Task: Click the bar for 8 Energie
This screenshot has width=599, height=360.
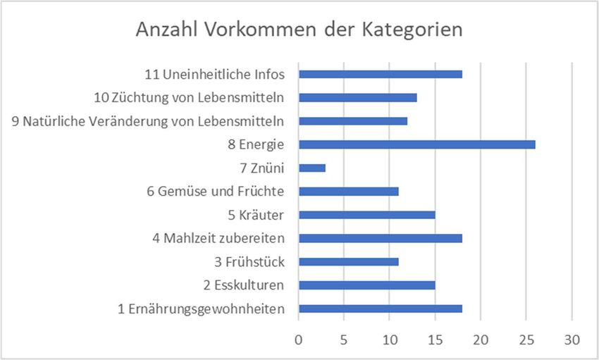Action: pyautogui.click(x=416, y=144)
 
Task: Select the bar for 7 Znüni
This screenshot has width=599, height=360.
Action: pyautogui.click(x=312, y=168)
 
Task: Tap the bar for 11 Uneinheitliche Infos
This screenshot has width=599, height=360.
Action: pyautogui.click(x=381, y=74)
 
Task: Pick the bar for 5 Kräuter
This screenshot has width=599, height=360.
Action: pyautogui.click(x=366, y=215)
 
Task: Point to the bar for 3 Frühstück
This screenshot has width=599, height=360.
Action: pyautogui.click(x=349, y=261)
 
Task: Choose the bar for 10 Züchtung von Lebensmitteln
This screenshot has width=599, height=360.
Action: pyautogui.click(x=358, y=97)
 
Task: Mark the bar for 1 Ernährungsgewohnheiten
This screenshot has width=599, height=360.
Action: pyautogui.click(x=381, y=309)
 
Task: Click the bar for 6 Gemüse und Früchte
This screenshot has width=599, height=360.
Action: pyautogui.click(x=349, y=191)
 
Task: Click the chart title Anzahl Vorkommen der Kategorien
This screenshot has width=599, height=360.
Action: pyautogui.click(x=299, y=31)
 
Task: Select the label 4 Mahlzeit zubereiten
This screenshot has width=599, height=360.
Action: pyautogui.click(x=218, y=238)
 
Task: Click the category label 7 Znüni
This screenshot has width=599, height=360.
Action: pyautogui.click(x=263, y=168)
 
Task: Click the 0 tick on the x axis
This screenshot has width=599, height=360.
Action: pyautogui.click(x=299, y=340)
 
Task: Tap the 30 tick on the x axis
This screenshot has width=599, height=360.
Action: pyautogui.click(x=572, y=340)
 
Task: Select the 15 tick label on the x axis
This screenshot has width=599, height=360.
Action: pyautogui.click(x=435, y=340)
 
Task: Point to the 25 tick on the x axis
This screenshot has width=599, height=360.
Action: pyautogui.click(x=526, y=340)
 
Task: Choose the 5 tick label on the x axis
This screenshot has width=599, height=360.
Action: pyautogui.click(x=344, y=340)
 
